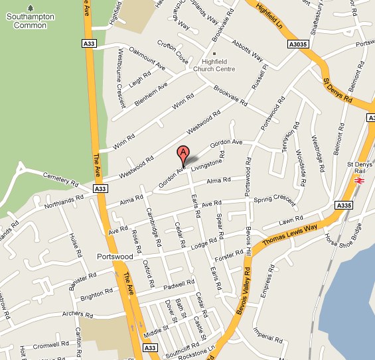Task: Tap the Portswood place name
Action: [x=115, y=256]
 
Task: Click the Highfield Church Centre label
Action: [x=214, y=64]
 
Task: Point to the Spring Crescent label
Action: [x=274, y=198]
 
